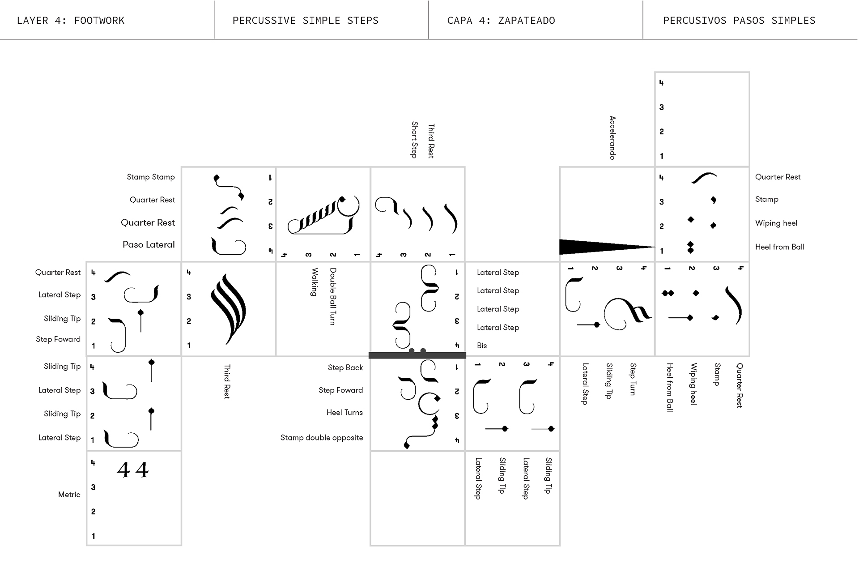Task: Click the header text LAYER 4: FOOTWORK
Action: pos(71,21)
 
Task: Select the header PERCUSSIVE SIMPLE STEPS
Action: pos(306,21)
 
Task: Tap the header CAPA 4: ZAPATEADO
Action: pos(501,21)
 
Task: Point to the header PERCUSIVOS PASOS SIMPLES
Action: pos(739,21)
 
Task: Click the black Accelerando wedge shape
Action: pos(595,247)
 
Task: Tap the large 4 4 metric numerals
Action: pos(133,470)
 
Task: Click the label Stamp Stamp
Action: pos(151,177)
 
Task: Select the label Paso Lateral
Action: pos(149,244)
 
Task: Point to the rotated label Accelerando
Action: pos(613,138)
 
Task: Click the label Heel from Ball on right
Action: pos(780,247)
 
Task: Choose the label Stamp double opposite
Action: pos(322,438)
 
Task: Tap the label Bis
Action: pos(482,346)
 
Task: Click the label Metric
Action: pos(69,495)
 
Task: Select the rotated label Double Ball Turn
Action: pos(333,296)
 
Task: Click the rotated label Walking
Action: pos(315,282)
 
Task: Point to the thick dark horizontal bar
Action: pos(417,355)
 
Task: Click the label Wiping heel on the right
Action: pos(776,223)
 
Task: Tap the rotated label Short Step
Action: pos(415,140)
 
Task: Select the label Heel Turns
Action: pos(344,413)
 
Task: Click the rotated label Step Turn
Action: pos(633,379)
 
